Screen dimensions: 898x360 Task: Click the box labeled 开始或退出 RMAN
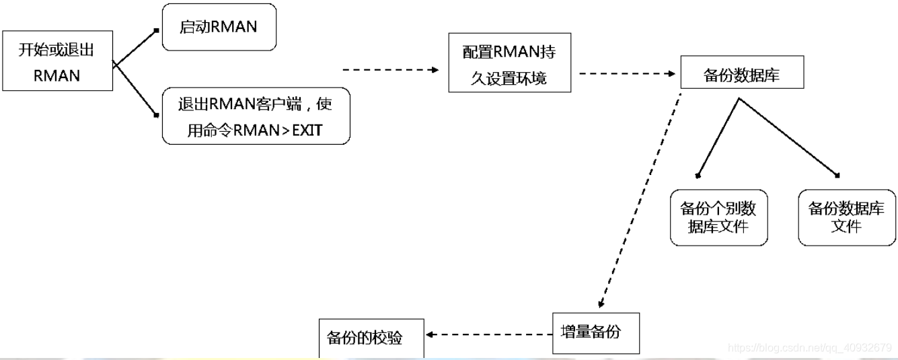point(57,61)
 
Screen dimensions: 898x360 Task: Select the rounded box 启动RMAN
point(219,28)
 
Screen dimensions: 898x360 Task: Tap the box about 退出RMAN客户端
point(256,116)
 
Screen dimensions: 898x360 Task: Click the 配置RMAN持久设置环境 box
point(509,63)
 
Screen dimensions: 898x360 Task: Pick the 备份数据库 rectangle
point(742,72)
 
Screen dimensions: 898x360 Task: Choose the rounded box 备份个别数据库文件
point(719,218)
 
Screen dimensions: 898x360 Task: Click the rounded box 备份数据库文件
point(847,218)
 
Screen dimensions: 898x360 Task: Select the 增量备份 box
point(596,333)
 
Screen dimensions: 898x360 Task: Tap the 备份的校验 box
point(371,338)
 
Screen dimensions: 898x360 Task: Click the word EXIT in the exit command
point(307,131)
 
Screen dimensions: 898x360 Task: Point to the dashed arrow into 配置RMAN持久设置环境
point(390,70)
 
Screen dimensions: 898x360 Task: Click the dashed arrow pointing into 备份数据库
point(628,73)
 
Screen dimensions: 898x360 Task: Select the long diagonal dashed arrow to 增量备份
point(640,201)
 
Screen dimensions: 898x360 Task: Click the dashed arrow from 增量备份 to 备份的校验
point(489,334)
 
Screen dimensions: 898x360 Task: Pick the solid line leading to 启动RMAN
point(135,47)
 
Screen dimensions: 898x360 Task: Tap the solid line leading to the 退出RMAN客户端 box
point(135,89)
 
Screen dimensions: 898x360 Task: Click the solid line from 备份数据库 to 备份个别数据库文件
point(718,137)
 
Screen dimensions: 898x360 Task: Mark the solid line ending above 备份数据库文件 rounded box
point(789,137)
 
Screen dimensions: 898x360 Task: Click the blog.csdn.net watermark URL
point(810,347)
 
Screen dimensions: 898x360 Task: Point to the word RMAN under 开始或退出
point(57,76)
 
